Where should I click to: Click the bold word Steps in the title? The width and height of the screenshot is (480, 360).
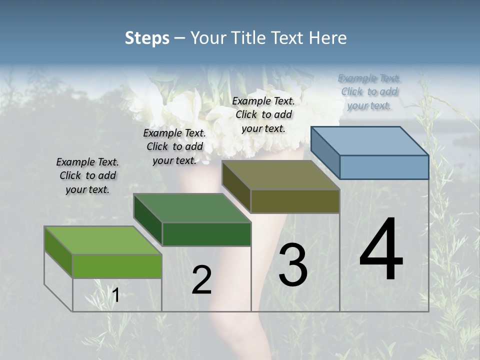[x=147, y=38]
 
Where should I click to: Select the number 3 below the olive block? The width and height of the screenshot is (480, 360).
[x=293, y=264]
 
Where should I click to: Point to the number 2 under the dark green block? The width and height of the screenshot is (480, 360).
[x=201, y=280]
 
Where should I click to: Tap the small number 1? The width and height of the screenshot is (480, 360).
[x=115, y=295]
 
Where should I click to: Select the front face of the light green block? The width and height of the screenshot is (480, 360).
[x=117, y=266]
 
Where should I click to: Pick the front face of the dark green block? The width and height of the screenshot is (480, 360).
[x=206, y=234]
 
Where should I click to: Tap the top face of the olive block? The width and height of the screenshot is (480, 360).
[x=280, y=174]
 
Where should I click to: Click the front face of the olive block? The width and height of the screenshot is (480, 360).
[x=295, y=201]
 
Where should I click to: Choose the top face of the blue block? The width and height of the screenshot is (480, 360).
[x=369, y=140]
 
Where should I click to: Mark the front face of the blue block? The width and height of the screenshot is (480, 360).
[x=384, y=167]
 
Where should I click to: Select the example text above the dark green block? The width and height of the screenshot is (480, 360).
[x=174, y=146]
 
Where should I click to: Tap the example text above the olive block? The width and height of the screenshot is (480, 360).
[x=263, y=114]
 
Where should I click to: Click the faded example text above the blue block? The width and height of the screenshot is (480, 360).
[x=369, y=92]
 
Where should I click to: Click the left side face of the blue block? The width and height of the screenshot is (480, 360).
[x=325, y=152]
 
